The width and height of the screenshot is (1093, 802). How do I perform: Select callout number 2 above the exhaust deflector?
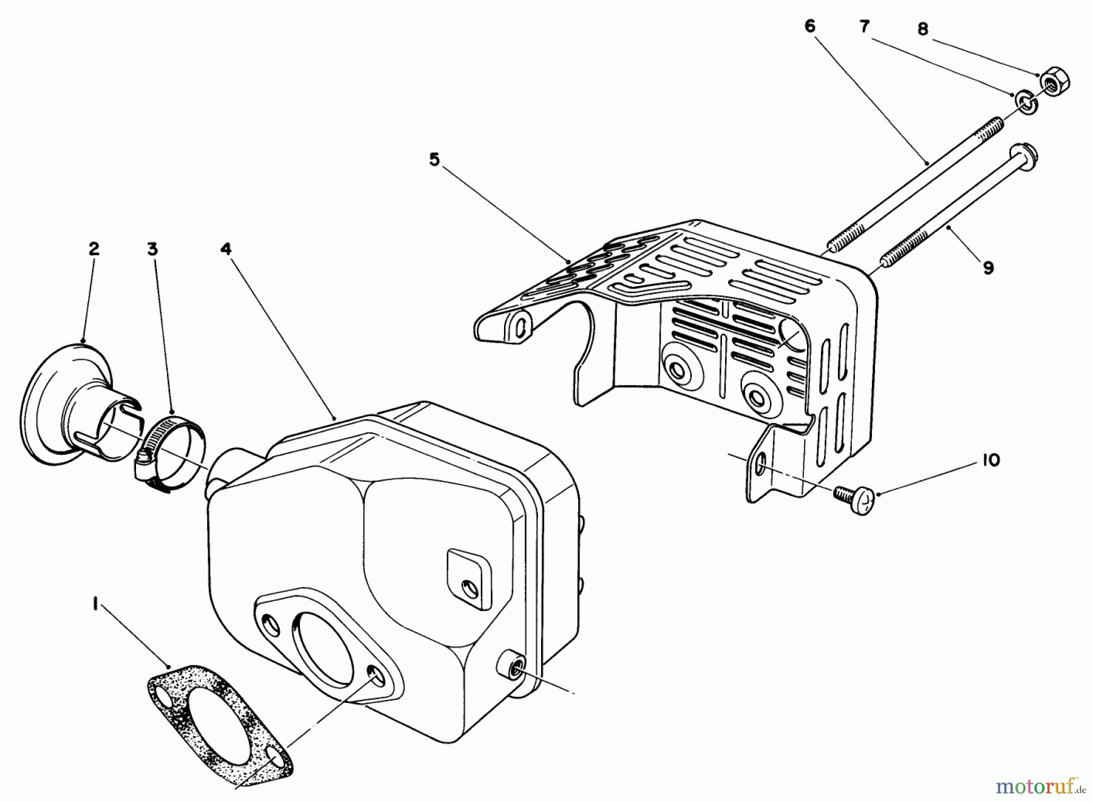[93, 248]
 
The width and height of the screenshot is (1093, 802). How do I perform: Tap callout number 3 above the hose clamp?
[152, 248]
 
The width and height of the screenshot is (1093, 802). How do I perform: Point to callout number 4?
[226, 248]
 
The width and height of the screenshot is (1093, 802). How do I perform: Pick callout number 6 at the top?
[809, 26]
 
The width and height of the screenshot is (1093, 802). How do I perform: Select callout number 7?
[864, 26]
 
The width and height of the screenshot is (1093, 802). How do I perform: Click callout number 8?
[923, 29]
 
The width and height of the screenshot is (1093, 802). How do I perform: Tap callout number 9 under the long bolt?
[988, 267]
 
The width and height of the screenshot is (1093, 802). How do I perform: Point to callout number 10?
[990, 461]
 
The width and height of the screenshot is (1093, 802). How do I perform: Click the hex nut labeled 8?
[1055, 82]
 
